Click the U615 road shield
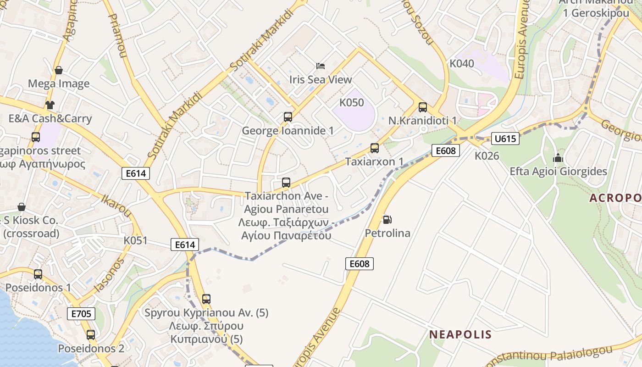tap(505, 138)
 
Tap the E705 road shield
tap(82, 314)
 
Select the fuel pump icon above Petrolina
tap(387, 220)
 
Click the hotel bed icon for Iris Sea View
tap(321, 66)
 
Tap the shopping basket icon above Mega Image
tap(58, 70)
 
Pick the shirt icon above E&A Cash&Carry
tap(50, 105)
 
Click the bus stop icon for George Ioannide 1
tap(288, 117)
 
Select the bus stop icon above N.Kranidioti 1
tap(423, 107)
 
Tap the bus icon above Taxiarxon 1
tap(375, 148)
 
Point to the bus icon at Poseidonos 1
tap(38, 274)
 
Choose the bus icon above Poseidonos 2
tap(91, 335)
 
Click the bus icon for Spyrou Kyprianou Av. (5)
tap(206, 299)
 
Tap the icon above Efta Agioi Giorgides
tap(558, 158)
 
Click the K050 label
tap(352, 102)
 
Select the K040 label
tap(462, 64)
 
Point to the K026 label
tap(487, 156)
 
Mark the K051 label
tap(136, 240)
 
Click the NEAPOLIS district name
tap(460, 334)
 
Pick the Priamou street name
tap(117, 35)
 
